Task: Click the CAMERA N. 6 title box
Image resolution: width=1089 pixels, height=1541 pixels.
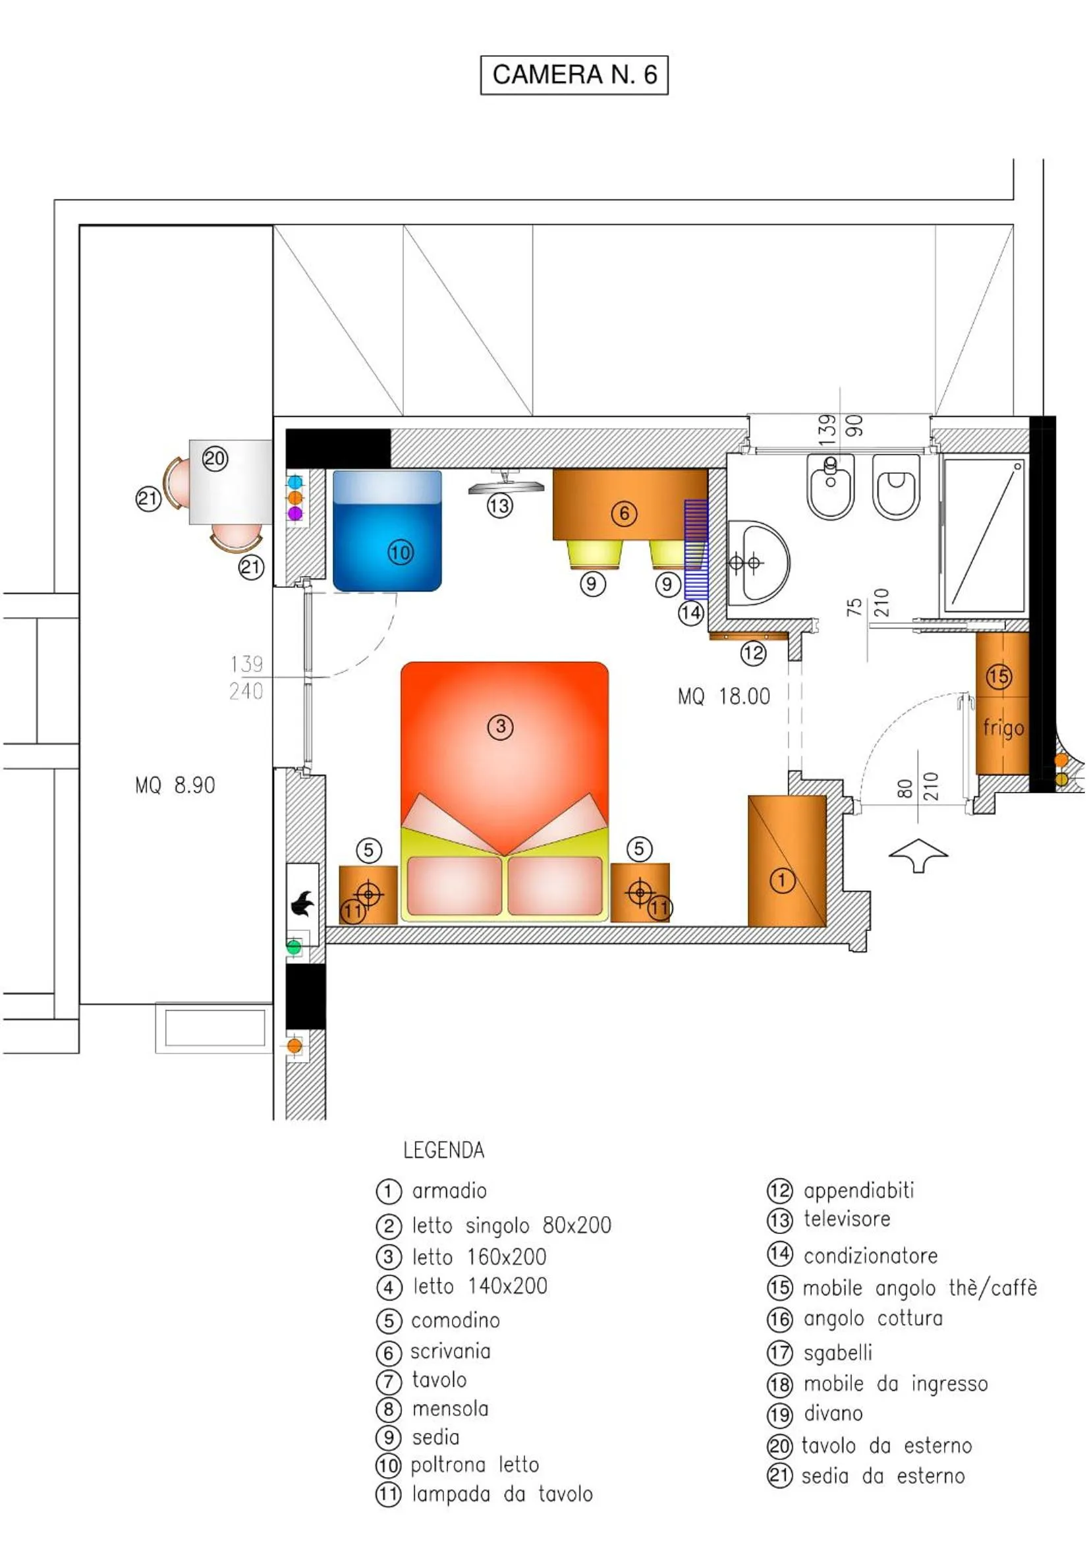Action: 574,74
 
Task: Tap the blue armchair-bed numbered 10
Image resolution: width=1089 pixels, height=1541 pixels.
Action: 387,531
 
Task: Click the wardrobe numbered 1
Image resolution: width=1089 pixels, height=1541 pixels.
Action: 787,861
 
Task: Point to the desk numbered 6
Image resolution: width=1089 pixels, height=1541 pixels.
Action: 628,504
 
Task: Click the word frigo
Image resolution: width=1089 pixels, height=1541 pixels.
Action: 1003,727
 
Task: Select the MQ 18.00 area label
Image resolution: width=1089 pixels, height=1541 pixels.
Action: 723,696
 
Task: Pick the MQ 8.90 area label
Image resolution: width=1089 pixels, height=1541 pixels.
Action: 175,785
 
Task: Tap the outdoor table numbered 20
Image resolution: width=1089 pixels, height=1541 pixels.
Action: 230,481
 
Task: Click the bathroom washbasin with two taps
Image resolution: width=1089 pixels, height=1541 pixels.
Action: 758,563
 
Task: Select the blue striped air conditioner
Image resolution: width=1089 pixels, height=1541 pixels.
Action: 696,549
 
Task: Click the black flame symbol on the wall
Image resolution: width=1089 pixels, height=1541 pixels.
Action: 302,904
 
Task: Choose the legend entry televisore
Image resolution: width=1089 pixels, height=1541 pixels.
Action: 847,1219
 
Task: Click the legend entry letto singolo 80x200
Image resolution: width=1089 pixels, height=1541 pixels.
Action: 511,1225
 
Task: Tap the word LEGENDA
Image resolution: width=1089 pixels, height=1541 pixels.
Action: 443,1150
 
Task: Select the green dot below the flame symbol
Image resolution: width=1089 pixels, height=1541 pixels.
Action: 294,947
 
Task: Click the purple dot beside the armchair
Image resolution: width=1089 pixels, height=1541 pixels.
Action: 294,513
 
